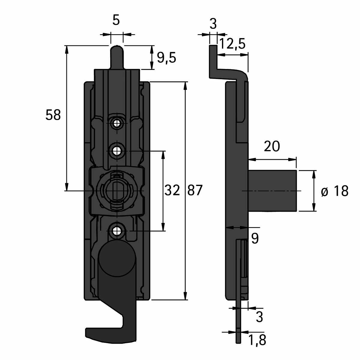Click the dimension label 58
pyautogui.click(x=53, y=115)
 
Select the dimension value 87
pyautogui.click(x=195, y=190)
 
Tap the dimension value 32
pyautogui.click(x=172, y=190)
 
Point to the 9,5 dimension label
pyautogui.click(x=166, y=58)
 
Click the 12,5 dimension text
pyautogui.click(x=232, y=44)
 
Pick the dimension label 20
pyautogui.click(x=272, y=146)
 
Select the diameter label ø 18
pyautogui.click(x=334, y=191)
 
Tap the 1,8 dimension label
pyautogui.click(x=257, y=340)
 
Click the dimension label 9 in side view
pyautogui.click(x=255, y=239)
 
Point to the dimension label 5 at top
pyautogui.click(x=116, y=20)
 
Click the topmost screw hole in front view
pyautogui.click(x=117, y=123)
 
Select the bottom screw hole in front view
pyautogui.click(x=117, y=231)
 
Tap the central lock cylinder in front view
pyautogui.click(x=117, y=190)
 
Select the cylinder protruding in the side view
pyautogui.click(x=272, y=191)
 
